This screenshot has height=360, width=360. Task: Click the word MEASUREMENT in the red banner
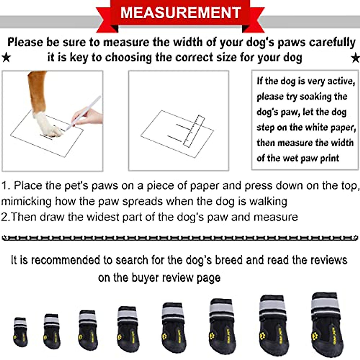tap(180, 13)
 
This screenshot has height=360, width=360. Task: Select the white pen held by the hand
tap(84, 112)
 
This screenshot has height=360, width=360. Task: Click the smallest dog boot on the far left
tap(20, 331)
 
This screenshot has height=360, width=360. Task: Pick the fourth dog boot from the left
tap(128, 328)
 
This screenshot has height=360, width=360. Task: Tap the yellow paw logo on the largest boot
tap(315, 334)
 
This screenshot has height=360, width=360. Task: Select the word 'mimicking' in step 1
tap(26, 201)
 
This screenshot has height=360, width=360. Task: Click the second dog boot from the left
tap(52, 331)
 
